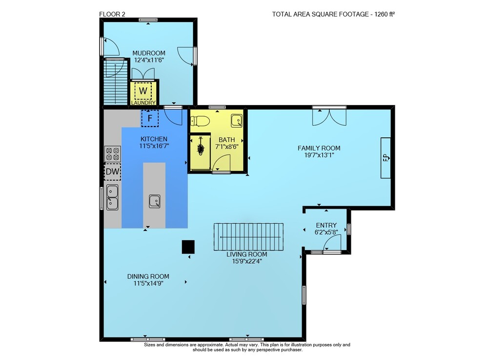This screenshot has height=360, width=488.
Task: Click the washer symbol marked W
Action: coord(143,91)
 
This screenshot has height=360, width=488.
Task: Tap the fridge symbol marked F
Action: coord(150,118)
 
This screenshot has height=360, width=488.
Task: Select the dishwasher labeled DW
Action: coord(112,171)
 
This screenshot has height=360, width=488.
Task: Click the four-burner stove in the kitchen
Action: coord(112,154)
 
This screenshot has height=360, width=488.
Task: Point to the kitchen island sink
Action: coord(154,201)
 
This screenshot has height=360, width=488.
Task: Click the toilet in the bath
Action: coord(200,120)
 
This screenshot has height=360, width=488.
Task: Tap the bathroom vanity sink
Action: coord(237,121)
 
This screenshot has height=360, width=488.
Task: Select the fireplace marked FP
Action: coord(386,158)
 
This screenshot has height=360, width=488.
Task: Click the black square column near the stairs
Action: coord(188,247)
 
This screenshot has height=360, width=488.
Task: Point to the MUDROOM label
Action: coord(149,53)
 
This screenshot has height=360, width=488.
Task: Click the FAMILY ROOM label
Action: coord(319,148)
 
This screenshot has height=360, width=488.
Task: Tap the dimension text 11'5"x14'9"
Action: coord(148,283)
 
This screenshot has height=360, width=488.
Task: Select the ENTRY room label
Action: coord(326,225)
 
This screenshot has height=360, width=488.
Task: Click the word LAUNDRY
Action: coord(143,103)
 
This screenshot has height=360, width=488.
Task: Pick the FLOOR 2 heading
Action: coord(112,14)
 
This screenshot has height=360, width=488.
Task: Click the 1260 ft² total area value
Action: coord(385,14)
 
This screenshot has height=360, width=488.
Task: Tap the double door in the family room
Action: coord(329,117)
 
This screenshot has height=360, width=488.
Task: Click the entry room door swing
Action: coord(332,243)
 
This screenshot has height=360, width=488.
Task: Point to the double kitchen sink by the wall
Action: coord(112,197)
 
